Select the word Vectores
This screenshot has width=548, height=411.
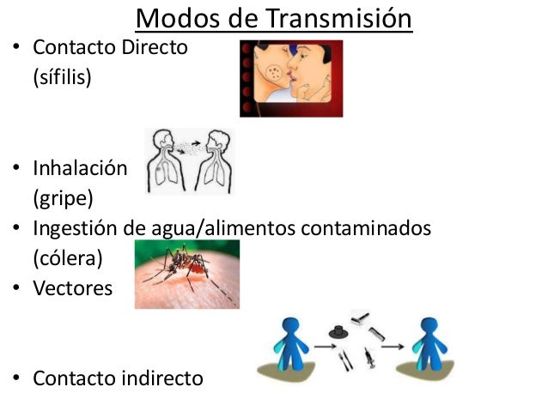point(73,288)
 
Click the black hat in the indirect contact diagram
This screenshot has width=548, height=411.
point(336,331)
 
